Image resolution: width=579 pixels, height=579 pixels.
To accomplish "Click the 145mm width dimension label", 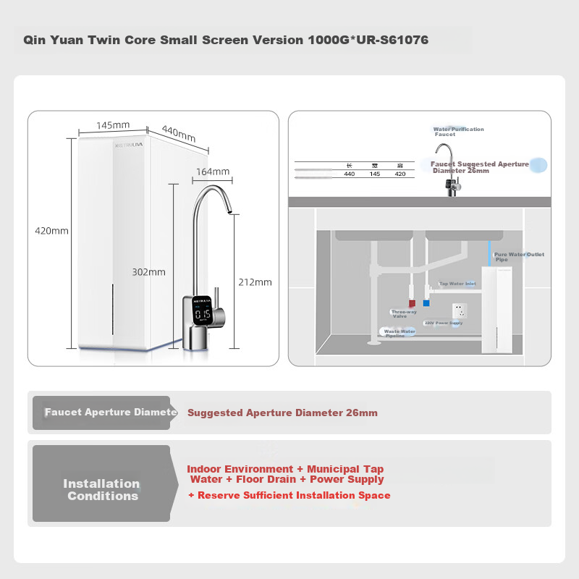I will point(113,125).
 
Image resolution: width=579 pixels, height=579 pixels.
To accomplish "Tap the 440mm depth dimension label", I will point(179,134).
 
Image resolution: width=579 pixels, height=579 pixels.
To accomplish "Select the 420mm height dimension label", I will point(51,231).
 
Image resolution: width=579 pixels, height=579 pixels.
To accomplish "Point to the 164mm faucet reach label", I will point(212,172).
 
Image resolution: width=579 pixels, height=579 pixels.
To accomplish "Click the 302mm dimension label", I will point(149,272).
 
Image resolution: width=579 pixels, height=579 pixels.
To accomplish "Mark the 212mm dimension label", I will point(254,282).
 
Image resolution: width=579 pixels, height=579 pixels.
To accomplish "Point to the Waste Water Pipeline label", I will point(400,333).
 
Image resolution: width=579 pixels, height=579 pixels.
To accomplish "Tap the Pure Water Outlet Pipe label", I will point(518,257).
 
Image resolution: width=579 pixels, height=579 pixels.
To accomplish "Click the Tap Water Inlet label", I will point(457,284).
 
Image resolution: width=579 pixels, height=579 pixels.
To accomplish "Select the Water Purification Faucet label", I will point(458,132).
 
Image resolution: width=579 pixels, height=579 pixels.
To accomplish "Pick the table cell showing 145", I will point(374,174).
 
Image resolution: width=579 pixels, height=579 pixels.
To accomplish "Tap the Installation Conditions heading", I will point(101,490).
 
